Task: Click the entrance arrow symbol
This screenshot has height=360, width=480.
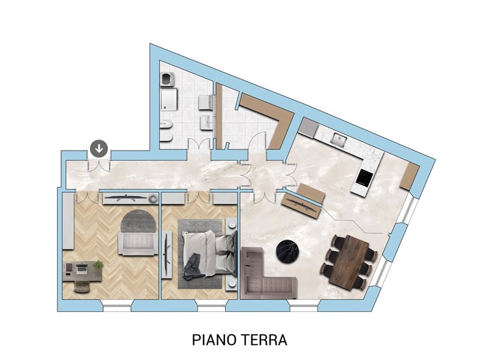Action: click(x=99, y=149)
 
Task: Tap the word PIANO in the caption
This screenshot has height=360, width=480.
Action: click(x=214, y=340)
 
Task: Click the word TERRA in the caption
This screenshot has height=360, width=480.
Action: click(x=265, y=340)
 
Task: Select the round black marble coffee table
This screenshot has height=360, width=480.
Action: click(x=288, y=251)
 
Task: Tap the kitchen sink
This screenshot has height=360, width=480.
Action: click(x=338, y=140)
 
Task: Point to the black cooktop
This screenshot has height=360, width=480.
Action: click(x=365, y=178)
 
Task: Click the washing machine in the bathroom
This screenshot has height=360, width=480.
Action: click(x=167, y=79)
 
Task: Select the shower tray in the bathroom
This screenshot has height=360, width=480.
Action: click(x=169, y=100)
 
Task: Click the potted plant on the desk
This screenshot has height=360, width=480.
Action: click(x=98, y=265)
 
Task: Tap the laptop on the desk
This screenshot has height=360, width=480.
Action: click(x=82, y=269)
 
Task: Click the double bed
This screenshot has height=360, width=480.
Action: click(x=208, y=254)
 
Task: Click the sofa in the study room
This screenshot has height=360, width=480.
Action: click(x=138, y=244)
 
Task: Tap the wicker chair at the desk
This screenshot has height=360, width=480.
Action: click(x=82, y=287)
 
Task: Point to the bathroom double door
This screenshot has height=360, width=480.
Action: click(x=199, y=144)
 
